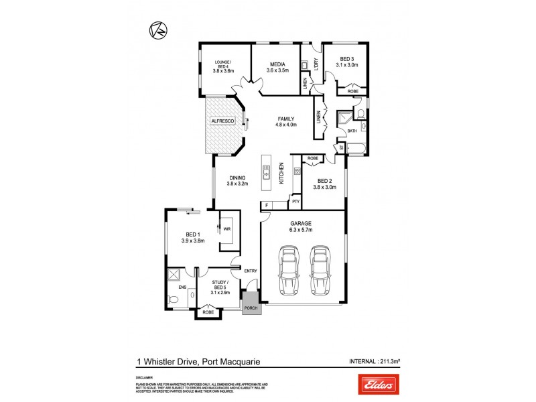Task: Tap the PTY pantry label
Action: pos(294,201)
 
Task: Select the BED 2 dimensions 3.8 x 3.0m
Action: pos(324,187)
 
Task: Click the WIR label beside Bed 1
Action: pos(227,228)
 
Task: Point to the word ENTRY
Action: pos(251,271)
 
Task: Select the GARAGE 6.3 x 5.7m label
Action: pos(301,226)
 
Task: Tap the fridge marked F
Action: pos(266,205)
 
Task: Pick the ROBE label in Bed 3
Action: pos(352,91)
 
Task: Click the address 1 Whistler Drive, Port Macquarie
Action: pos(198,362)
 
